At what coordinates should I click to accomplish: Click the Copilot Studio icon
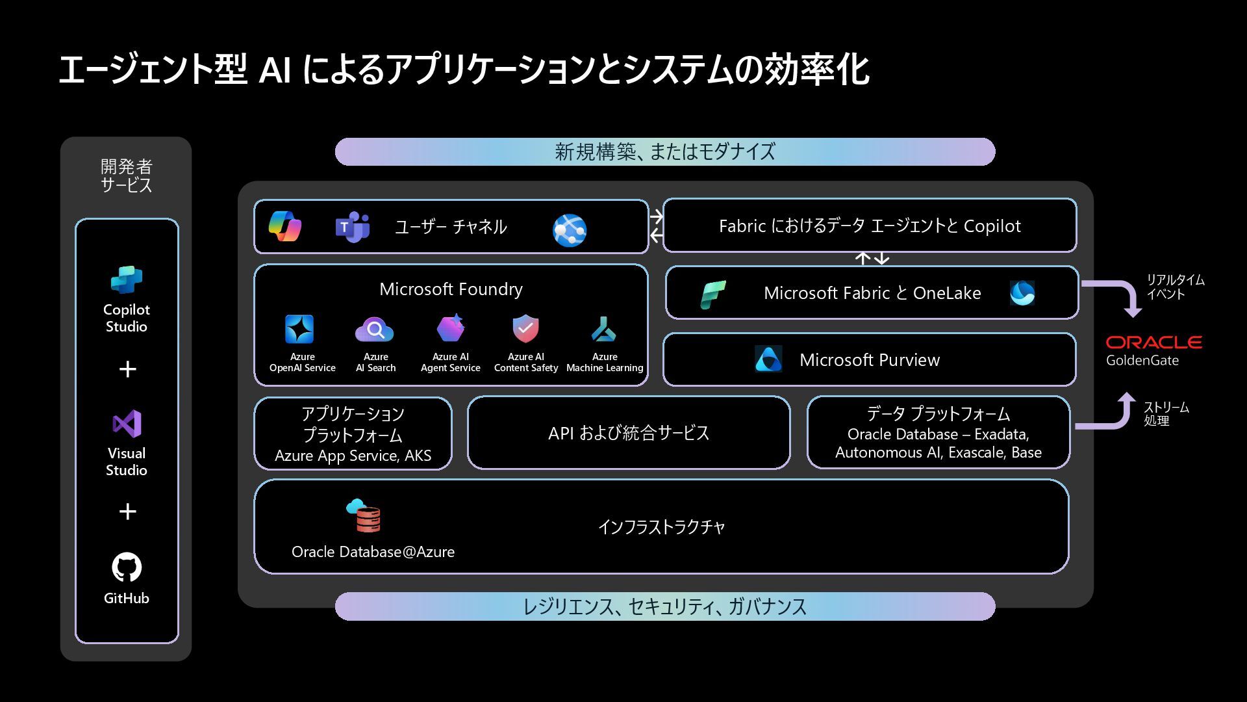(127, 279)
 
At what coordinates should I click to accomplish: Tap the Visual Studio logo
(127, 424)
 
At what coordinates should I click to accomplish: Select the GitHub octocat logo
(127, 567)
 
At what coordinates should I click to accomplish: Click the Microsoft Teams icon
(353, 227)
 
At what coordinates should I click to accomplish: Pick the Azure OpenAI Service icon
(299, 329)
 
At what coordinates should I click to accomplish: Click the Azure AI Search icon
(374, 330)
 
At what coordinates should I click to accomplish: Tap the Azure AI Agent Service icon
(450, 328)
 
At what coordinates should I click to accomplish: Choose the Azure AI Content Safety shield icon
(525, 329)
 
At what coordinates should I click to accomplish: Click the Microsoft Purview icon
(768, 359)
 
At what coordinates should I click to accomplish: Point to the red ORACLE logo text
(1153, 343)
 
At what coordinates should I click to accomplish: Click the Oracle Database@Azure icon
(364, 516)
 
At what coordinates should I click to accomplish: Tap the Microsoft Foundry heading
(451, 289)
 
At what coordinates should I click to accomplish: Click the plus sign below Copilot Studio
(128, 369)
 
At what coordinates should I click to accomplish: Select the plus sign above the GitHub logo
(128, 512)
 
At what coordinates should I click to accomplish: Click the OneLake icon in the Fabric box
(1022, 293)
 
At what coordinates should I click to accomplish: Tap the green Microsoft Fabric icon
(712, 294)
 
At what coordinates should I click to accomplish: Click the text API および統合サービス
(628, 433)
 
